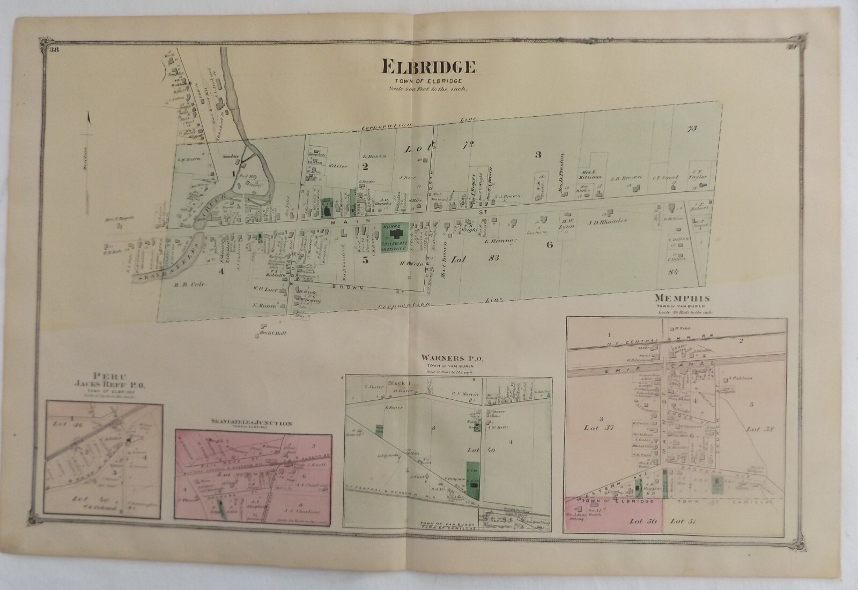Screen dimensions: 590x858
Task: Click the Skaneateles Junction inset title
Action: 252,423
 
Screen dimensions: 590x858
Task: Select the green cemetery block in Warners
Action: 473,479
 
